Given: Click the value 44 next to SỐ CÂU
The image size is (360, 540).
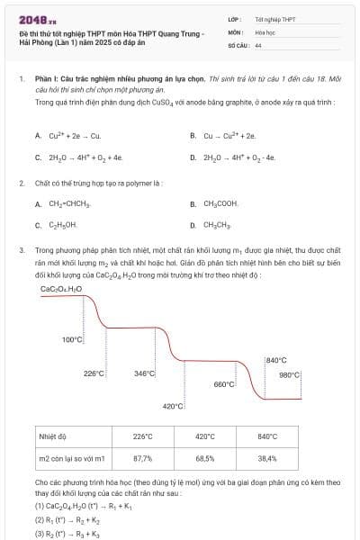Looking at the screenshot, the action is pyautogui.click(x=258, y=44).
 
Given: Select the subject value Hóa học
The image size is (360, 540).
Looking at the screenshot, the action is pyautogui.click(x=265, y=31).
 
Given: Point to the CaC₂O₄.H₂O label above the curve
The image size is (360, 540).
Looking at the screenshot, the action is pyautogui.click(x=61, y=289).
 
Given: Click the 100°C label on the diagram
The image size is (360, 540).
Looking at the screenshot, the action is pyautogui.click(x=73, y=339).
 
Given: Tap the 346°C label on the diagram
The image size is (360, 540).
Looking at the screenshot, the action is pyautogui.click(x=144, y=373).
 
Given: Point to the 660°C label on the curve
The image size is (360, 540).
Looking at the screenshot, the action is pyautogui.click(x=224, y=384).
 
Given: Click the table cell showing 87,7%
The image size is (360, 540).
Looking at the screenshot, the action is pyautogui.click(x=142, y=458).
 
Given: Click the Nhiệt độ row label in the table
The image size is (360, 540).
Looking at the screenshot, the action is pyautogui.click(x=52, y=436).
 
